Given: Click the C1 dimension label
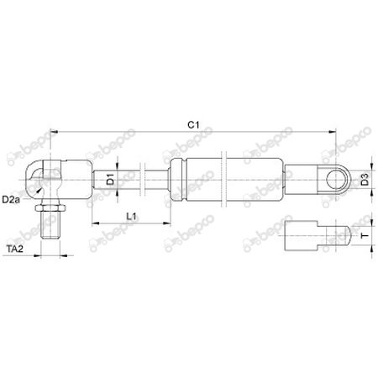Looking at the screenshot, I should [193, 124].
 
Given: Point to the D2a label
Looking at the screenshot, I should [11, 199].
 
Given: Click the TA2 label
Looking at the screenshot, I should [13, 249].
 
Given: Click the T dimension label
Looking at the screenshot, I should [363, 237].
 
